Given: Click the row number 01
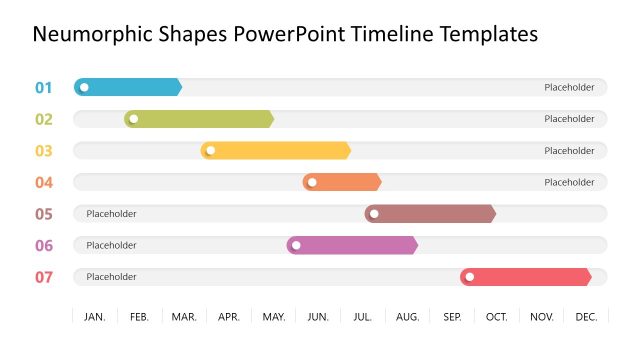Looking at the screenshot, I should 44,87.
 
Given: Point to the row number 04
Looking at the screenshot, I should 44,182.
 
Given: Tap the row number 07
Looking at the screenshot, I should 44,277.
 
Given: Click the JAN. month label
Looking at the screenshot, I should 95,317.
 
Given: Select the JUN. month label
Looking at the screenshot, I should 318,317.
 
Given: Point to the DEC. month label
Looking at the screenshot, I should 587,317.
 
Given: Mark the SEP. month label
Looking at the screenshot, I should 452,317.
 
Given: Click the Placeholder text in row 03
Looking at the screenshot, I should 569,151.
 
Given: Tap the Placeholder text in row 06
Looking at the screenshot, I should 111,245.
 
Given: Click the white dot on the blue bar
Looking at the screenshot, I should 84,87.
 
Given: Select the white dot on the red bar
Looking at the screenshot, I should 469,277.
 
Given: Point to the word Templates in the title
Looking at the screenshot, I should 488,35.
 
